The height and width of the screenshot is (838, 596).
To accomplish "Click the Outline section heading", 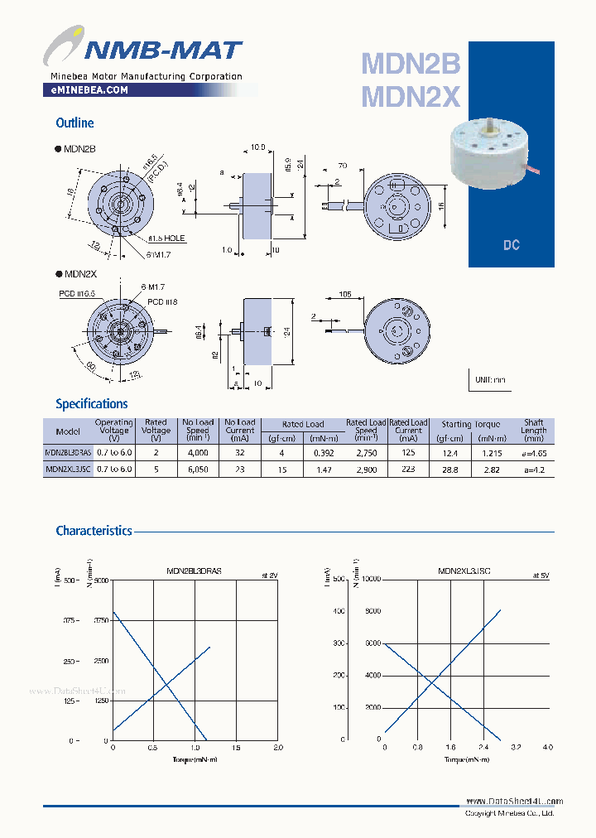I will point(74,123).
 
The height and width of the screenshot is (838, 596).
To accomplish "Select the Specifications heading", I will point(91,404).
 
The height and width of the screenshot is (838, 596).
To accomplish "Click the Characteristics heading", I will point(94,531).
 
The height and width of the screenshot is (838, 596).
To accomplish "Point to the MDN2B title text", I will point(411,64).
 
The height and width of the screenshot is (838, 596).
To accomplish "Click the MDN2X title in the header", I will point(411,97).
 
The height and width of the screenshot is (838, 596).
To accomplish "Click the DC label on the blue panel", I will point(511,246).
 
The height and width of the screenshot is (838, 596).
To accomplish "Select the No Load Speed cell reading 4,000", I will point(198,454).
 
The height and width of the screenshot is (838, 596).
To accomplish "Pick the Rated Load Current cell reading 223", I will point(408,470).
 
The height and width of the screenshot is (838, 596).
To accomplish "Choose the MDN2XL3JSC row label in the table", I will point(68,470).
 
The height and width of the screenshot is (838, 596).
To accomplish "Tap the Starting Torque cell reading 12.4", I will point(449,454).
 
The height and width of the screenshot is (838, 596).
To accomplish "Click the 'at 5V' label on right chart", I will point(541,575).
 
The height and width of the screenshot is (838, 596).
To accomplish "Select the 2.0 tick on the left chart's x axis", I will point(277,748).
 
